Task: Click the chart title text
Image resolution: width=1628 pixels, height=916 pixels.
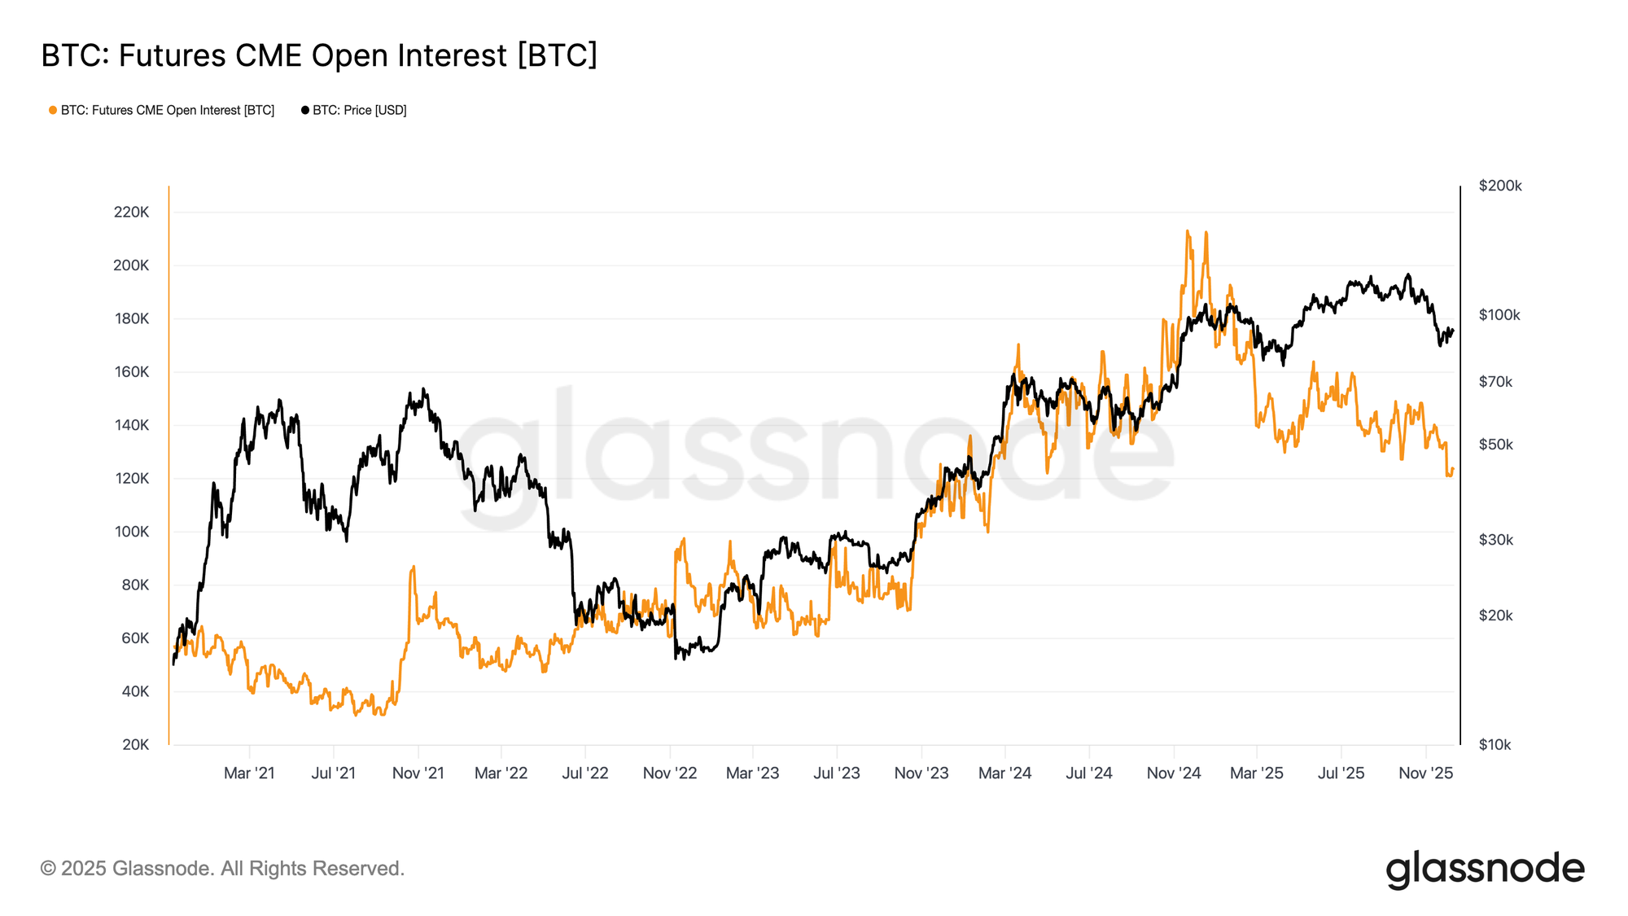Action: (319, 55)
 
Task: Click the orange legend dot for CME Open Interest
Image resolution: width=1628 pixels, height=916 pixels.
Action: (53, 110)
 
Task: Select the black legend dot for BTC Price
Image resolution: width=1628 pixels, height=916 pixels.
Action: (305, 110)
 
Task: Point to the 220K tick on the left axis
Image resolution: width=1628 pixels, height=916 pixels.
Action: (132, 213)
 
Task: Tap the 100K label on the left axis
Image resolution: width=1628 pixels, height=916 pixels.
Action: (132, 532)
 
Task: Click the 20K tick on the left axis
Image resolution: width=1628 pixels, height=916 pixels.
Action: (136, 745)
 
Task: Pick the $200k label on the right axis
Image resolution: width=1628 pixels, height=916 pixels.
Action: (1500, 186)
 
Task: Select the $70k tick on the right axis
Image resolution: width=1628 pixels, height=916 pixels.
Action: (1495, 382)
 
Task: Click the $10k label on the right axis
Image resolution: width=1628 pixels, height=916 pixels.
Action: (1495, 745)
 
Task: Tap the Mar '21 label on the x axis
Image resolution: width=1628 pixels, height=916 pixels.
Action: (249, 774)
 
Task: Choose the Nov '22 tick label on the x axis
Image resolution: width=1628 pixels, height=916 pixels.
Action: (670, 774)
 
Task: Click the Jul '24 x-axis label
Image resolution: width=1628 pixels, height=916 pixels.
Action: (1089, 774)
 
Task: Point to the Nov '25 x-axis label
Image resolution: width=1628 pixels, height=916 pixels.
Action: (1425, 774)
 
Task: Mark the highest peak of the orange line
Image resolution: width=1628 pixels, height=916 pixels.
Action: (1188, 231)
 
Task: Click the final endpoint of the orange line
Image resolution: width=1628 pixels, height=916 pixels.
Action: (1453, 469)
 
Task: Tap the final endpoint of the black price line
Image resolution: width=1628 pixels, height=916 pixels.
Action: (1453, 330)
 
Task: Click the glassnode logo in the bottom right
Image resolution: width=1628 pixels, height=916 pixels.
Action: (1485, 870)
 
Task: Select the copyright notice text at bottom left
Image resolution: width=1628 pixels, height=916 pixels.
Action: (222, 869)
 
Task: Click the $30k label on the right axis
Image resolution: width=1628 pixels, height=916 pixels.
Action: (1495, 540)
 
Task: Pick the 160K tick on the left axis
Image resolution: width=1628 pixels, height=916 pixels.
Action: (132, 372)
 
